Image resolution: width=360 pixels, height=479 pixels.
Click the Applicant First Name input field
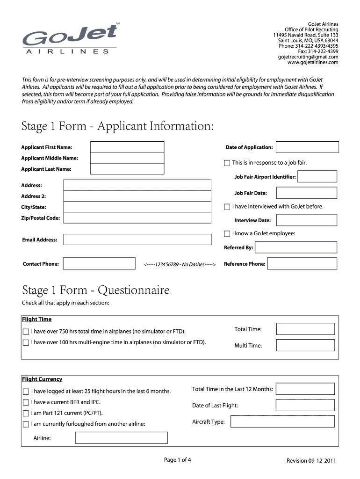(127, 147)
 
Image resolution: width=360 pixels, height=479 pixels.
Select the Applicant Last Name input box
(127, 169)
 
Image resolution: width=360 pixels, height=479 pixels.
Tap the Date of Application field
(307, 147)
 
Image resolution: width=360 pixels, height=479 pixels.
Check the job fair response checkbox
(227, 163)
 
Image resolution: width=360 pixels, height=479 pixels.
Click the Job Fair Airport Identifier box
(317, 176)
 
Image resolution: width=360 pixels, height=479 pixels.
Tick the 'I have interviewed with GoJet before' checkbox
(227, 207)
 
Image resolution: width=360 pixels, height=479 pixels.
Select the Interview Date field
(306, 220)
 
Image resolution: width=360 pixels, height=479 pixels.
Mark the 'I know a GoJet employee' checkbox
(227, 233)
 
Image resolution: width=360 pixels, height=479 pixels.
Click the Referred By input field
(296, 247)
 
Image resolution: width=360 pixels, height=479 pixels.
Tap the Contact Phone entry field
(100, 264)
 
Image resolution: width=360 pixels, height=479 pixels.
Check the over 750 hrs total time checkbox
(26, 332)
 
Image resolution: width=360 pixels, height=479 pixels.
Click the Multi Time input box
(305, 345)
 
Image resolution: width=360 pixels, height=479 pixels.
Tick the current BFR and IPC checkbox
(26, 402)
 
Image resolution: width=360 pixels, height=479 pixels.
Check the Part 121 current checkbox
(26, 414)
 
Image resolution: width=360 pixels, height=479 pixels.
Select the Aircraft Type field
(283, 422)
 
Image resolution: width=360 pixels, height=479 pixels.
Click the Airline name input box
(122, 438)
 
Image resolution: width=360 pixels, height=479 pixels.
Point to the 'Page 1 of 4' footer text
(178, 460)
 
